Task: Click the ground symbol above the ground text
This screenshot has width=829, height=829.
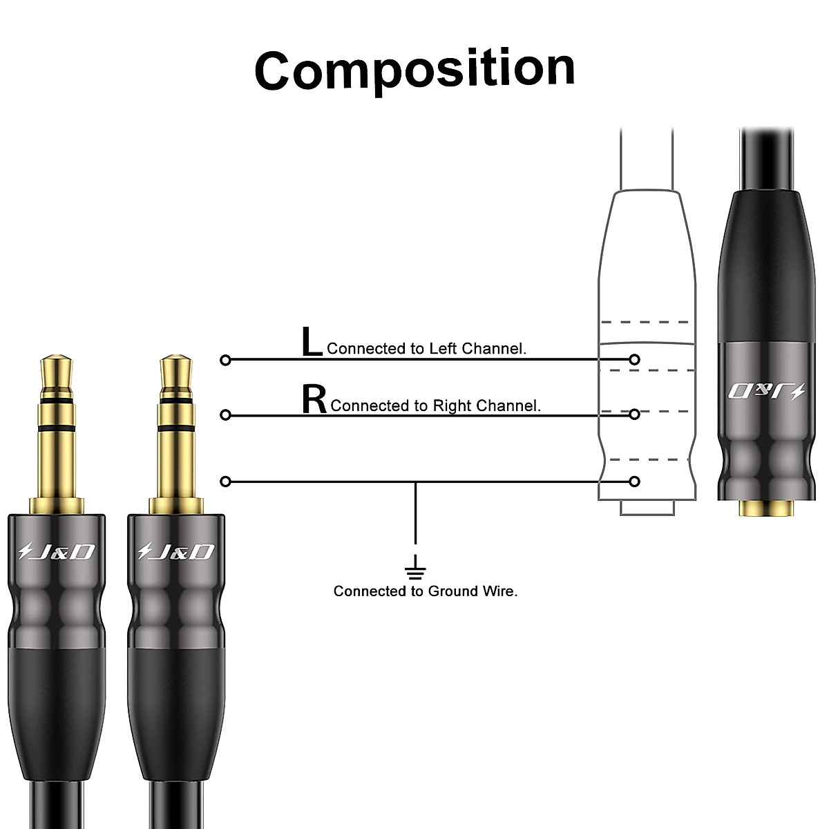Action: (415, 571)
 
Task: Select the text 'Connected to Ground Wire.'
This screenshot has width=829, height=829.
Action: (426, 591)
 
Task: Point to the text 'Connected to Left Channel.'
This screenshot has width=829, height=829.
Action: (426, 349)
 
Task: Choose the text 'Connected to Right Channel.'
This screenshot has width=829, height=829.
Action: (435, 406)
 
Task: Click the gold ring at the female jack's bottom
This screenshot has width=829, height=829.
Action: (765, 508)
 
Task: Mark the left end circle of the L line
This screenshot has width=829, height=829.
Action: (225, 360)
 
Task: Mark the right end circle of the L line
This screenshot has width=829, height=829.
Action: (635, 359)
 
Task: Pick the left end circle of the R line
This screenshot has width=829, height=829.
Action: (225, 414)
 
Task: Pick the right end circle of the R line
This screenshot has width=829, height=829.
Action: (635, 414)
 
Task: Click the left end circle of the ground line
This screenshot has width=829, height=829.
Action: (225, 481)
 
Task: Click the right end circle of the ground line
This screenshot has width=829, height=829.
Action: (635, 481)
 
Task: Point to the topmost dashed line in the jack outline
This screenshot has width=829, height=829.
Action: (645, 322)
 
